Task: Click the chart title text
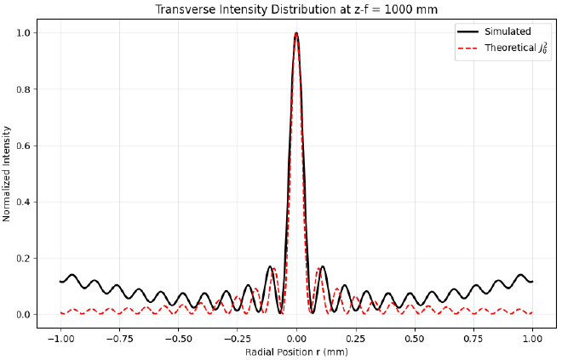pos(295,9)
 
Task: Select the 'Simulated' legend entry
pos(508,31)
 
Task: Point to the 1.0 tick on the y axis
pos(26,32)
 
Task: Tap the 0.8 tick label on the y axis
pos(26,89)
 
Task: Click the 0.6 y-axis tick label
pos(26,146)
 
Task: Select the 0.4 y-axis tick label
pos(26,202)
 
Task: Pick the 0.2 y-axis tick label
pos(26,259)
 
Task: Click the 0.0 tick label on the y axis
pos(26,315)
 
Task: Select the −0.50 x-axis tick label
pos(177,338)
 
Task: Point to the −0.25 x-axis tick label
pos(236,338)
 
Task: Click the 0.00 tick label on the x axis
pos(296,338)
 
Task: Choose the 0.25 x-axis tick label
pos(355,338)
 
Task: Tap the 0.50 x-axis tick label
pos(415,338)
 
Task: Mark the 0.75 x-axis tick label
pos(473,338)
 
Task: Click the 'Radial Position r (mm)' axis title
pos(295,351)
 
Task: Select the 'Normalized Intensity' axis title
pos(8,174)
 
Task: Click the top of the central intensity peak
pos(296,33)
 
